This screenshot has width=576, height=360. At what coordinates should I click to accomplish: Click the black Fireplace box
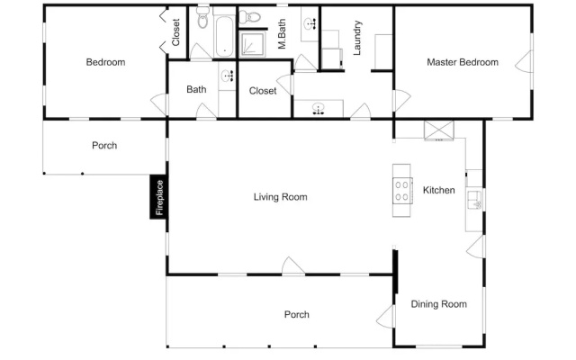pyautogui.click(x=158, y=197)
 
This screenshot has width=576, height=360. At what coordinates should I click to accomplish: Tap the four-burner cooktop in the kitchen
pyautogui.click(x=402, y=190)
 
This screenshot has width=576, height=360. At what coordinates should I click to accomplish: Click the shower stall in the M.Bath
pyautogui.click(x=252, y=44)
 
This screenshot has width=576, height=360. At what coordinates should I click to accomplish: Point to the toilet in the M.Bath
pyautogui.click(x=250, y=16)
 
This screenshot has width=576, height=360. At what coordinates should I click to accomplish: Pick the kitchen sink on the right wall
pyautogui.click(x=474, y=200)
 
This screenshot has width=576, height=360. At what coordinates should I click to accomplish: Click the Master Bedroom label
pyautogui.click(x=463, y=62)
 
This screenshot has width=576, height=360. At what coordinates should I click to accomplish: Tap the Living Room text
pyautogui.click(x=280, y=197)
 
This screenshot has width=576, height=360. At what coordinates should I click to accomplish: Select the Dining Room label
pyautogui.click(x=438, y=304)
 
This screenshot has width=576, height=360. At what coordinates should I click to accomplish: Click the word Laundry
pyautogui.click(x=357, y=38)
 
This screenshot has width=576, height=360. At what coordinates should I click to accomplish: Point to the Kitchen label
pyautogui.click(x=438, y=190)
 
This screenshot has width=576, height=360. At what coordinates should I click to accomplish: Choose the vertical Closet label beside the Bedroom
pyautogui.click(x=175, y=32)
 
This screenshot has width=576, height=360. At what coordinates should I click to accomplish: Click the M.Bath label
pyautogui.click(x=282, y=34)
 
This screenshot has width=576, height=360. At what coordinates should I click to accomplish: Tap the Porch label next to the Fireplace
pyautogui.click(x=104, y=146)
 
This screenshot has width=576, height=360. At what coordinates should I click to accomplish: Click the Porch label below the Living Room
pyautogui.click(x=296, y=314)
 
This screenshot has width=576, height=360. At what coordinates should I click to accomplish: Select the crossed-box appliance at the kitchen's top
pyautogui.click(x=439, y=130)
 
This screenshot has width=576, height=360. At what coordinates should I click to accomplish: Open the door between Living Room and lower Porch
pyautogui.click(x=293, y=266)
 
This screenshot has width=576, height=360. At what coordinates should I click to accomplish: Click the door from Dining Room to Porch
pyautogui.click(x=385, y=316)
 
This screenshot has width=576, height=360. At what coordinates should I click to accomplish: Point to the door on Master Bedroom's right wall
pyautogui.click(x=523, y=61)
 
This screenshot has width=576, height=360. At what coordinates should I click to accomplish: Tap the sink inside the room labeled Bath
pyautogui.click(x=228, y=76)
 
